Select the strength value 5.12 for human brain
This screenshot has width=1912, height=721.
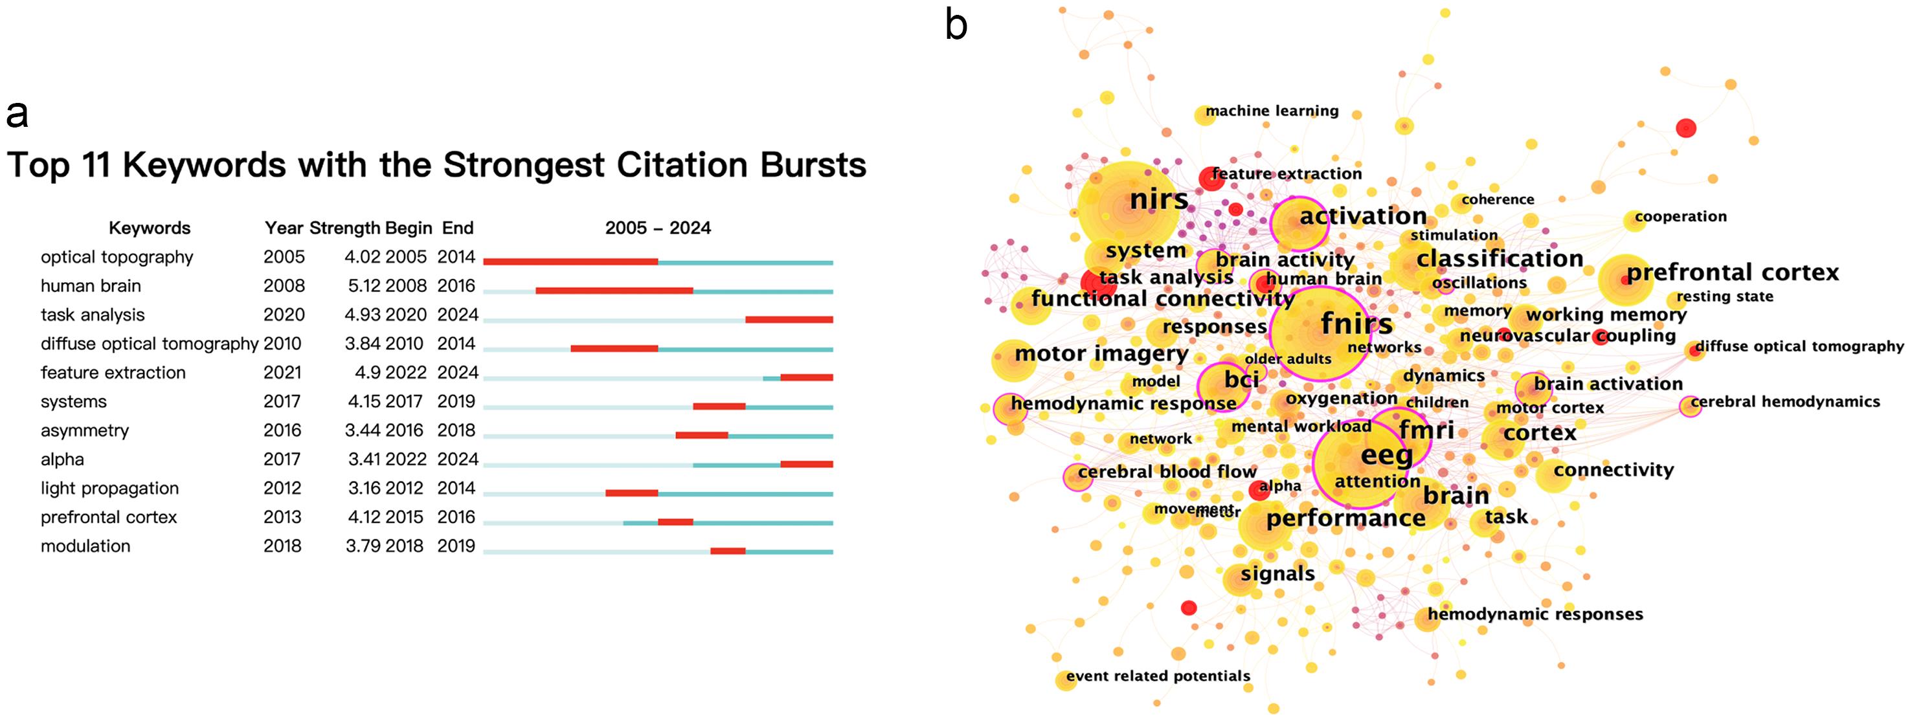click(x=361, y=286)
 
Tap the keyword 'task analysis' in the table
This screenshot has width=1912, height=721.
click(x=93, y=315)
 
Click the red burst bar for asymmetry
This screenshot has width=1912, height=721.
click(x=701, y=436)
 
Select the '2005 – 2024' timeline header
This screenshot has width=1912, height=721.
click(x=658, y=228)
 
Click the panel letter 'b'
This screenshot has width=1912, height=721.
click(x=956, y=26)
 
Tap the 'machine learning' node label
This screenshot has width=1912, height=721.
click(x=1272, y=111)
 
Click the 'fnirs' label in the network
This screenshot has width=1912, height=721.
click(x=1357, y=324)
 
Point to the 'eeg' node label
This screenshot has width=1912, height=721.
click(x=1386, y=455)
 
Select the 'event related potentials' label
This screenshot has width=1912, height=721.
click(x=1158, y=676)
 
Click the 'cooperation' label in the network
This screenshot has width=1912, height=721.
click(x=1680, y=217)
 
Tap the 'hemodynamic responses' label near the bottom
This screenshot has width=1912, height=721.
click(x=1535, y=614)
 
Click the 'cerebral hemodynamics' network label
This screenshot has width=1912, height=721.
click(x=1785, y=402)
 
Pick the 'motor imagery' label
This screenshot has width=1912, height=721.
click(x=1101, y=354)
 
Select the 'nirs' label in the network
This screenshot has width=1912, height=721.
click(x=1158, y=199)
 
